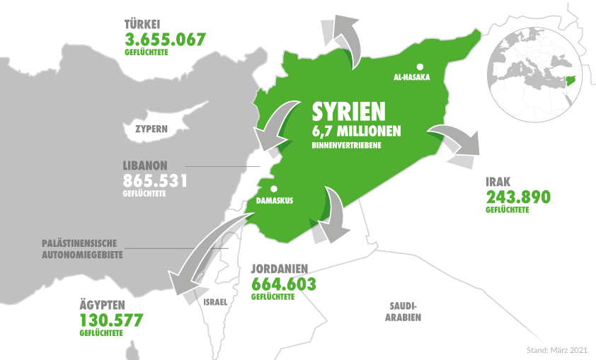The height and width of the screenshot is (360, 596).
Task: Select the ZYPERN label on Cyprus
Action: tap(151, 129)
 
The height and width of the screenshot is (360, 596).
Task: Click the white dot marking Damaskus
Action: tap(273, 189)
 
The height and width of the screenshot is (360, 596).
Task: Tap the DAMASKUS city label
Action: tap(275, 201)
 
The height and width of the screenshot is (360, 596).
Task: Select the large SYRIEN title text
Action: tap(349, 112)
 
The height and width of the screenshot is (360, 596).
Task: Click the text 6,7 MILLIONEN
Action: tap(357, 132)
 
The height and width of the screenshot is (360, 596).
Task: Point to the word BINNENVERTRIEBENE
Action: tap(347, 146)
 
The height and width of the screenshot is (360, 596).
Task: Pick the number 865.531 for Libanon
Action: tap(155, 180)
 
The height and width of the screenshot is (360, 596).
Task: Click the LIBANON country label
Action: tap(145, 164)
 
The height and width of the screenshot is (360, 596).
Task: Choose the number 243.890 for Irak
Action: tap(517, 197)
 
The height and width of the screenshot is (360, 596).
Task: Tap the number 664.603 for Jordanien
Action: tap(284, 284)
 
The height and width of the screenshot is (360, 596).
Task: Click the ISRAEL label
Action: tap(215, 302)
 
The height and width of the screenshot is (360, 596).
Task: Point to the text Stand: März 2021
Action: tap(557, 349)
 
